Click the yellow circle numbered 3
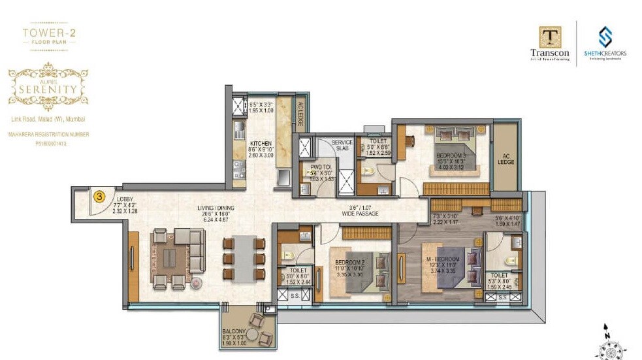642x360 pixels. coord(99,195)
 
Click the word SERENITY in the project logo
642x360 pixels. coord(48,88)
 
